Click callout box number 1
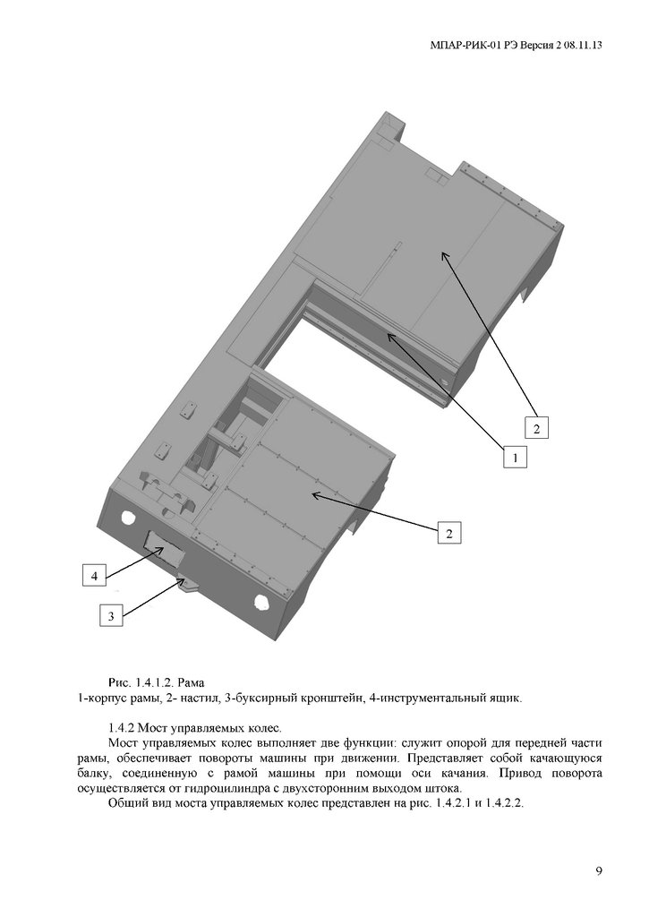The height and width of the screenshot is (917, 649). pos(514,457)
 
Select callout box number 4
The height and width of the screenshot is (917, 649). pos(94,575)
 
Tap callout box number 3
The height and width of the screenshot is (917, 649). pos(110,615)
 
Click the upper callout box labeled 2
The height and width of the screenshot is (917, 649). pos(536,429)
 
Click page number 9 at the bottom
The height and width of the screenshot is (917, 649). pos(598,871)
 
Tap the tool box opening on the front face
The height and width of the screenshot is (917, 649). pos(162,547)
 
